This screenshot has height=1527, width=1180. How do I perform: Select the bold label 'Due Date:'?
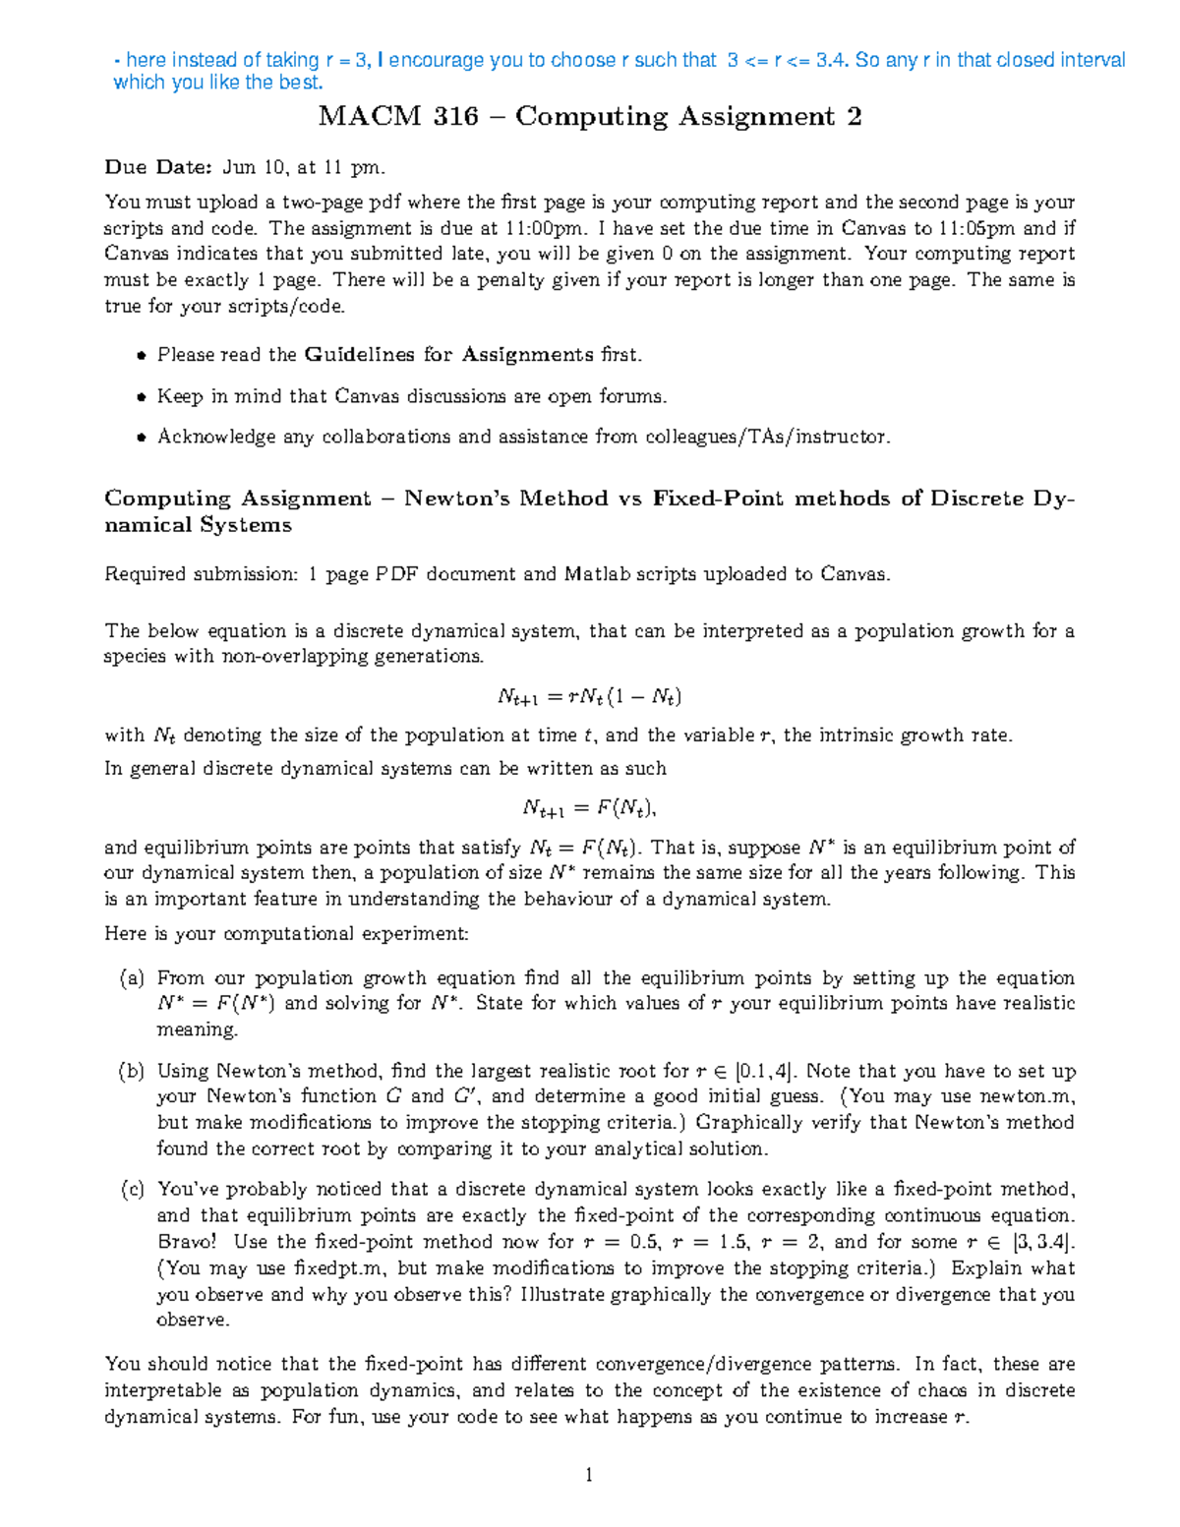click(x=157, y=167)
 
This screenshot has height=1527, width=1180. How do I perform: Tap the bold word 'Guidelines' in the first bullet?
click(x=361, y=354)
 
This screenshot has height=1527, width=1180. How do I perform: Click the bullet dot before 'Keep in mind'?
click(x=142, y=397)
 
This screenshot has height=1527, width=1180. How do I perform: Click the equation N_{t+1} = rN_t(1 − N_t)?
click(x=589, y=697)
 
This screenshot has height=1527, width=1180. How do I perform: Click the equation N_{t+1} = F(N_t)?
click(x=589, y=808)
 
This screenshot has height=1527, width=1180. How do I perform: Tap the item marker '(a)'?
click(x=132, y=978)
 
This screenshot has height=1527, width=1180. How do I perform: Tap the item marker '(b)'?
click(x=132, y=1072)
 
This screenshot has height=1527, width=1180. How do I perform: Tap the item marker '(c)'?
click(x=132, y=1190)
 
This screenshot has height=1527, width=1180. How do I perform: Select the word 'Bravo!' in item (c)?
click(x=187, y=1242)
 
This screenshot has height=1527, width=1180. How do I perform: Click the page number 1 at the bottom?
click(x=589, y=1474)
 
